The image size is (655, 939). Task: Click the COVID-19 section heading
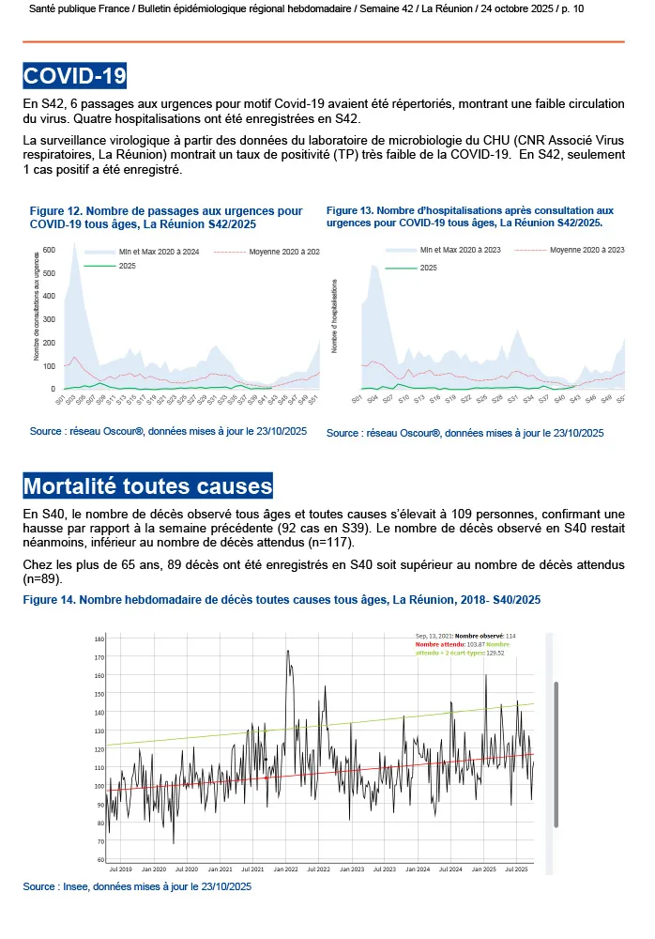click(75, 75)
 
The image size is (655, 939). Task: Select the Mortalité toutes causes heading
click(147, 486)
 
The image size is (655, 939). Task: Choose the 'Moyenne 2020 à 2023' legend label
click(586, 250)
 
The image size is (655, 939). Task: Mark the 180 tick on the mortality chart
click(99, 639)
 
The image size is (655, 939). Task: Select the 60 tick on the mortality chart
click(99, 859)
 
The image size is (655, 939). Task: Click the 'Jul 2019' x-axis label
click(119, 870)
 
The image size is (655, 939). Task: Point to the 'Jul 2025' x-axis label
click(517, 870)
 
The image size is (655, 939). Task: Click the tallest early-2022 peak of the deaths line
click(287, 651)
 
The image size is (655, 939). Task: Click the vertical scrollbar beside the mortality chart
click(556, 751)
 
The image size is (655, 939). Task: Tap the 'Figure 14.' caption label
click(48, 599)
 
